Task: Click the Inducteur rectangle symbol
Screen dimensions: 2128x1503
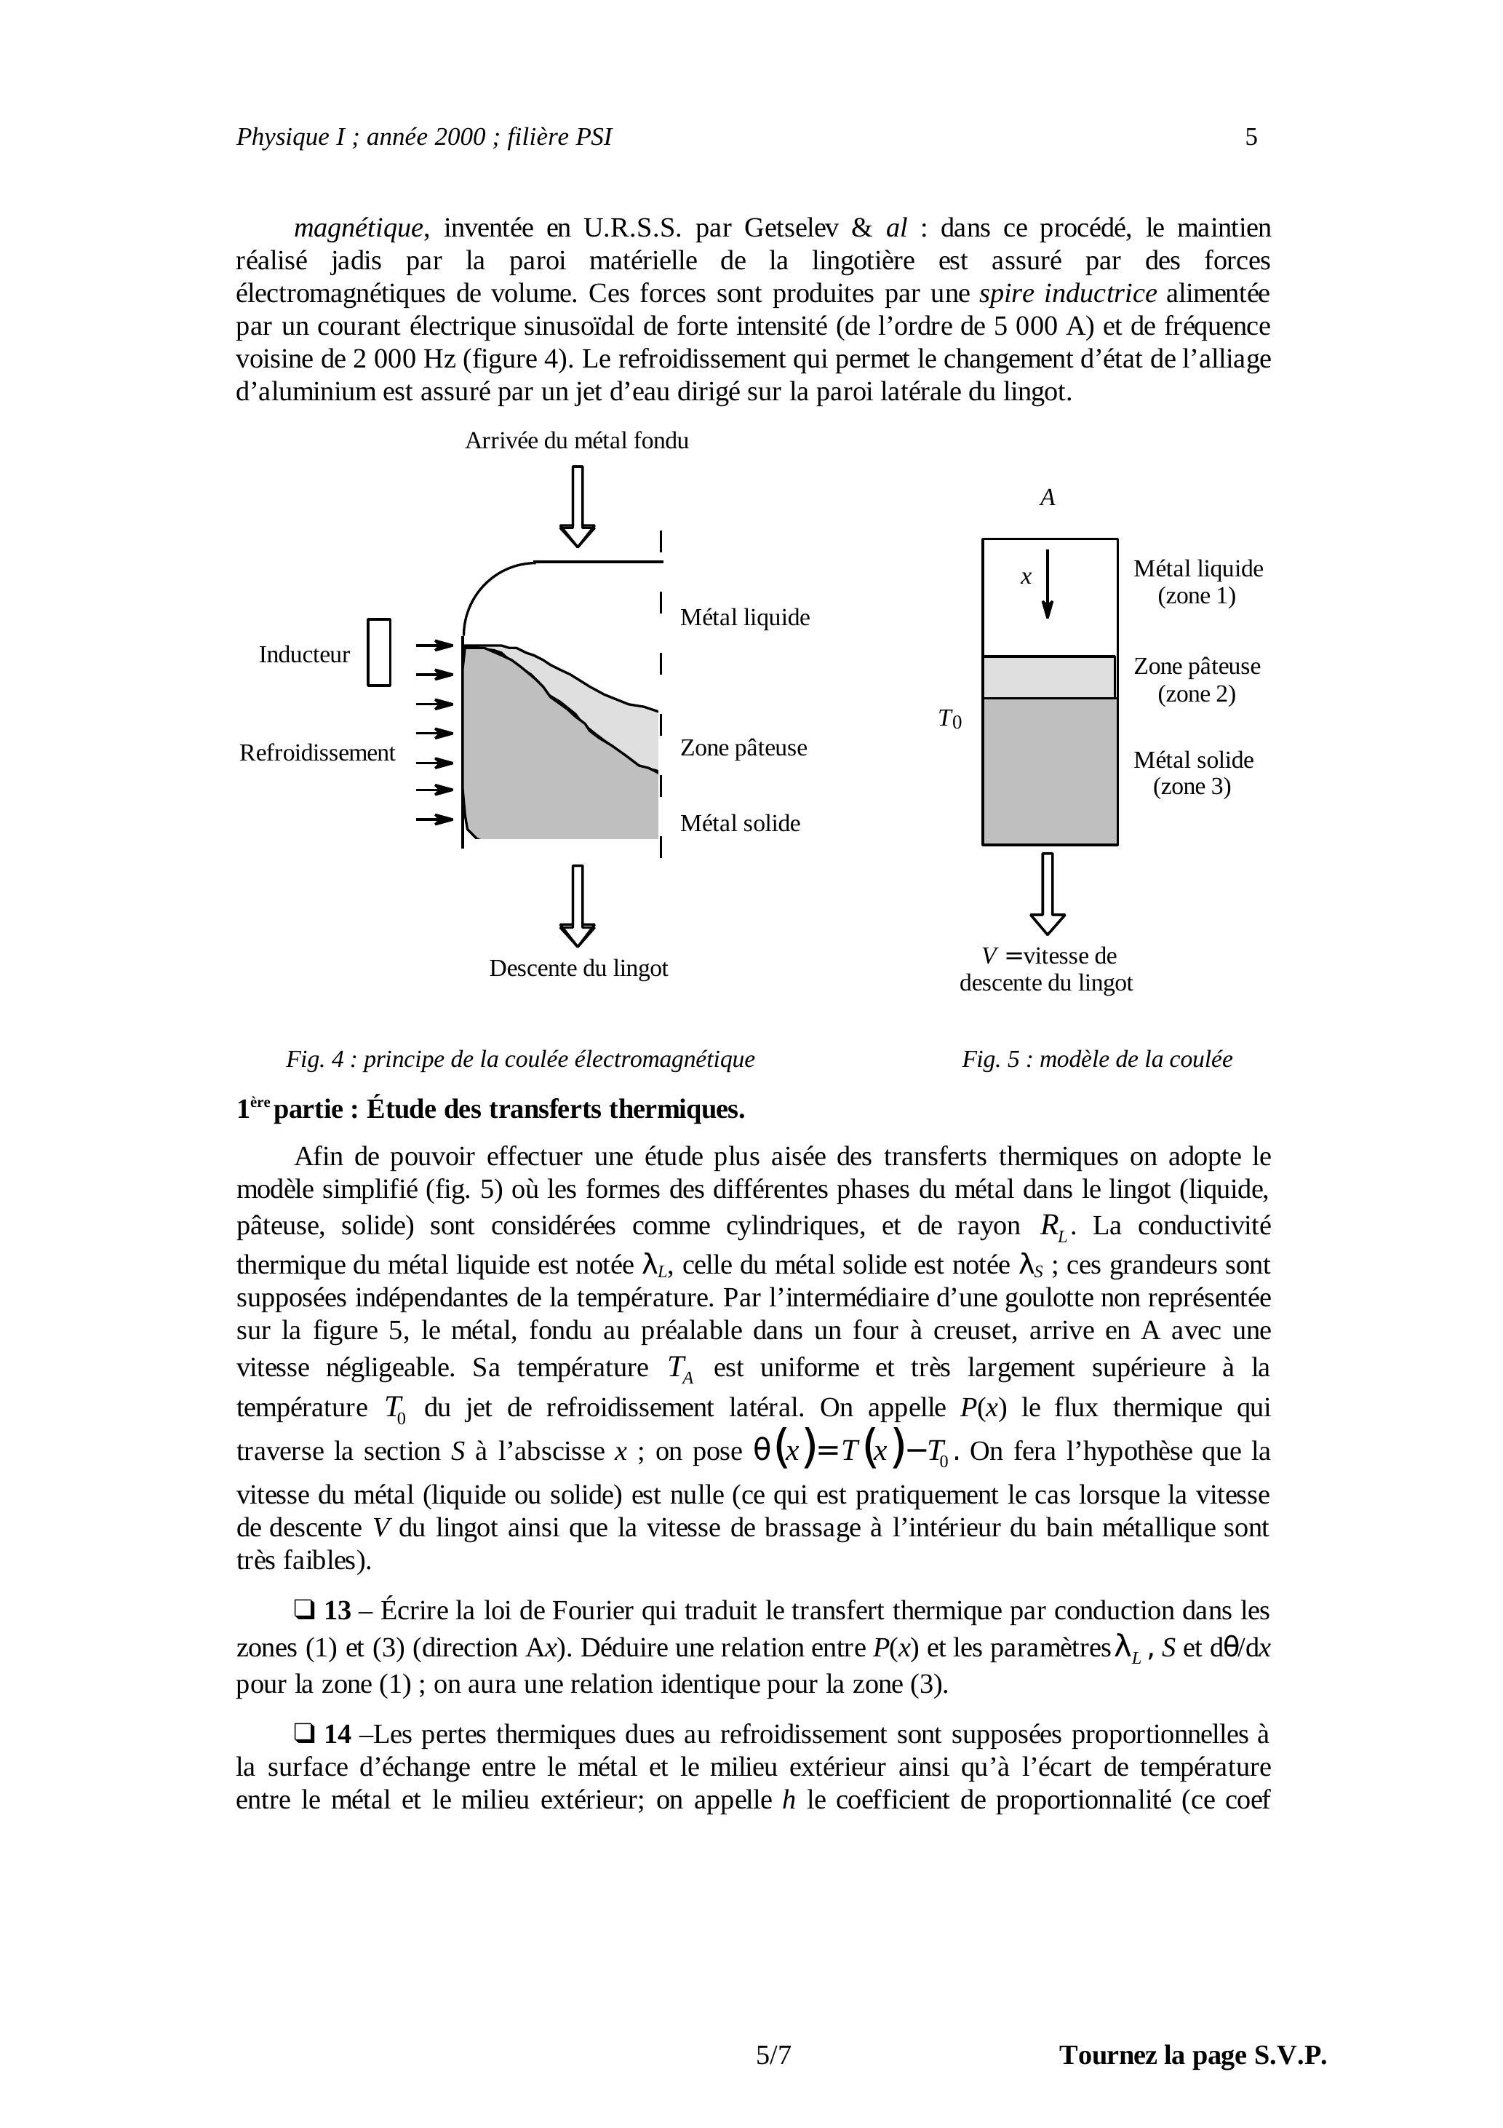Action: [379, 653]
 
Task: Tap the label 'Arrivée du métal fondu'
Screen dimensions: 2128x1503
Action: [576, 441]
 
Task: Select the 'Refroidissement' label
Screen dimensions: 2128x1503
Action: [317, 753]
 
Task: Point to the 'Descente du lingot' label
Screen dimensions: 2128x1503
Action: [578, 969]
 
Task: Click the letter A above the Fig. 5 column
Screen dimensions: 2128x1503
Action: [1047, 498]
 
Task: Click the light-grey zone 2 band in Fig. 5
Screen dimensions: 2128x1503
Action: [1049, 678]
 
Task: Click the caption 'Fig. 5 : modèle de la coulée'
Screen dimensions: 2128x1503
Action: [1097, 1060]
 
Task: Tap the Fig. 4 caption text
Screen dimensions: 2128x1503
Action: [520, 1060]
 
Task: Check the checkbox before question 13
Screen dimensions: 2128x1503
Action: [303, 1610]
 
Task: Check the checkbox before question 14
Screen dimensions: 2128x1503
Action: [303, 1733]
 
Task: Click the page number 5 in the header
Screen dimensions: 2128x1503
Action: [1251, 137]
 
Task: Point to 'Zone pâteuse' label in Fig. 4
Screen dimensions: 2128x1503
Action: [743, 748]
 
